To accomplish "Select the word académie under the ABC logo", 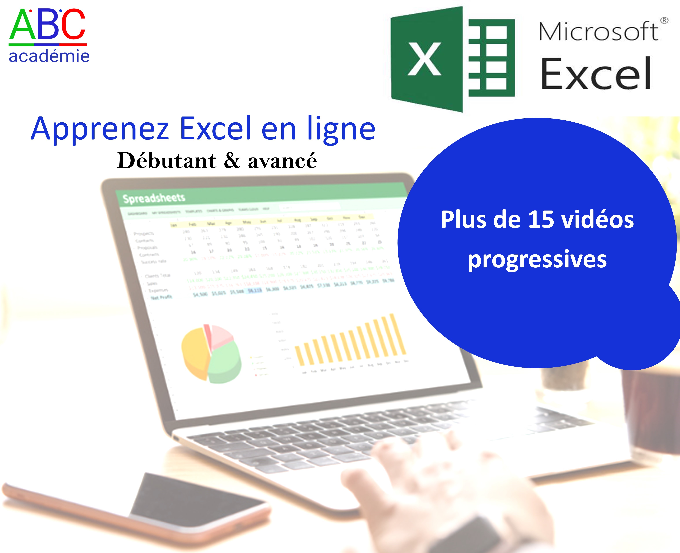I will [x=49, y=56].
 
